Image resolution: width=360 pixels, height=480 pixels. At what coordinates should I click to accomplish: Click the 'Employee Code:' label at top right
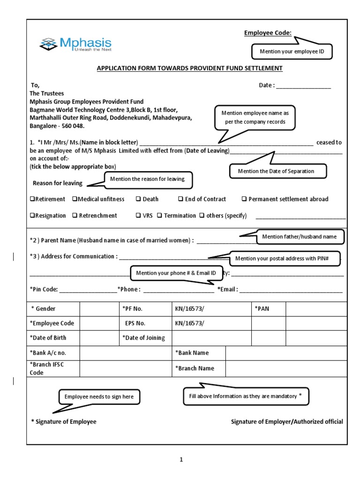click(268, 32)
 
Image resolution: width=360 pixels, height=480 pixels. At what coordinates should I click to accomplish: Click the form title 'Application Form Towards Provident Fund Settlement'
click(189, 68)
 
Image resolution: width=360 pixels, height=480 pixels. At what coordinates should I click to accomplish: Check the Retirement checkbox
click(32, 199)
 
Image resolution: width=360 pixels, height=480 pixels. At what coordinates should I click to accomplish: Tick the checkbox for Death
click(138, 199)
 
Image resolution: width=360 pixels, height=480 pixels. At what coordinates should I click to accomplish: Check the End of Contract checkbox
click(180, 199)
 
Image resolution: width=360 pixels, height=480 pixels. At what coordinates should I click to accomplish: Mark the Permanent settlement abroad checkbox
click(244, 199)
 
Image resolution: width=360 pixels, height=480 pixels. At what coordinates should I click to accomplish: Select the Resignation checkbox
click(32, 216)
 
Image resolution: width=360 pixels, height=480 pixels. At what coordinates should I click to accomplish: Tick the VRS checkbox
click(138, 216)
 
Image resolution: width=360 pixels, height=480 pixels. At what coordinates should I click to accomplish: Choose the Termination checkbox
click(159, 216)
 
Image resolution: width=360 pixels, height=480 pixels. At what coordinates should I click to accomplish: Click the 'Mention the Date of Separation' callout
click(276, 171)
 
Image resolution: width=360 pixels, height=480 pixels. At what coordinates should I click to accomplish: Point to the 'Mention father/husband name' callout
click(299, 237)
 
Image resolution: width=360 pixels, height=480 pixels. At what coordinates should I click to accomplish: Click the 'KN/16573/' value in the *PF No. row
click(190, 309)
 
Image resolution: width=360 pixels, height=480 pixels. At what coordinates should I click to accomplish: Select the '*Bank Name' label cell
click(192, 352)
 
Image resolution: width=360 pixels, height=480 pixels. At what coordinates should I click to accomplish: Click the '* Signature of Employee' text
click(64, 421)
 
